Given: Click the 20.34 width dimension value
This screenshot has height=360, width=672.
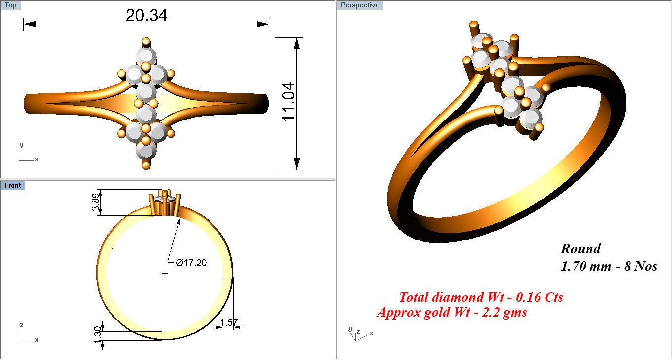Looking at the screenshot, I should pos(146,15).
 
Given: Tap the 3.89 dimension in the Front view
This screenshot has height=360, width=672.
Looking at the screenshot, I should pos(96,202).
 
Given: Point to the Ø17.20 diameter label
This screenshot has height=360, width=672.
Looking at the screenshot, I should pos(187,263).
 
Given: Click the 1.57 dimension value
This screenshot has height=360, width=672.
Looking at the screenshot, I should pos(229,323).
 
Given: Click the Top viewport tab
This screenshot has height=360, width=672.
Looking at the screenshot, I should pos(10,5).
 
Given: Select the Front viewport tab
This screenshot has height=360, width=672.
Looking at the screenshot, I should pos(12,185).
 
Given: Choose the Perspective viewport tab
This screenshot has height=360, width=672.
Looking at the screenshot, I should pos(360,5).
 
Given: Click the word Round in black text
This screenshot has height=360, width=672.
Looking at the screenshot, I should pos(581,249).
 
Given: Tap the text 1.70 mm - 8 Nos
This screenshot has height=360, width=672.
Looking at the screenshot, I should pos(609,267).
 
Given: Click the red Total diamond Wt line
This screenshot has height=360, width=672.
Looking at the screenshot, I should pos(481,297).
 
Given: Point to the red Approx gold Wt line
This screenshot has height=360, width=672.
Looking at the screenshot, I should pos(452,312).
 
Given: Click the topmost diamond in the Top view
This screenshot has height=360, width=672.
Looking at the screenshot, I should pos(146,55).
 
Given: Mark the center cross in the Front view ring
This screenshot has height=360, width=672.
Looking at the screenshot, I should pos(165,274).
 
